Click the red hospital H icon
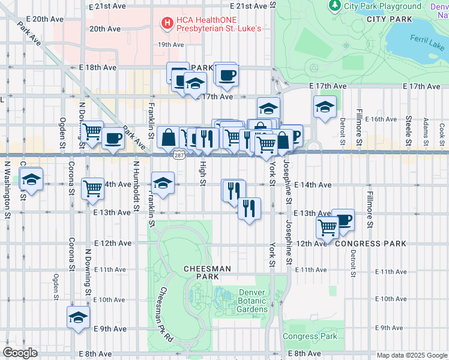coord(167,23)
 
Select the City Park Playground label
coord(382,7)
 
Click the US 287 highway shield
coord(179,155)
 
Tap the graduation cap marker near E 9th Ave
coord(78,317)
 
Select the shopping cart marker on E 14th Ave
coord(93,188)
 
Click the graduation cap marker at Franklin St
coord(163,181)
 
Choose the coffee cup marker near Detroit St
coord(343,219)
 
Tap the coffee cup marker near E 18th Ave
coord(227,75)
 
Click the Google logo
coord(20,353)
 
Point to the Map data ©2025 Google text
coord(412,355)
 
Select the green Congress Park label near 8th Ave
coord(310,337)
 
